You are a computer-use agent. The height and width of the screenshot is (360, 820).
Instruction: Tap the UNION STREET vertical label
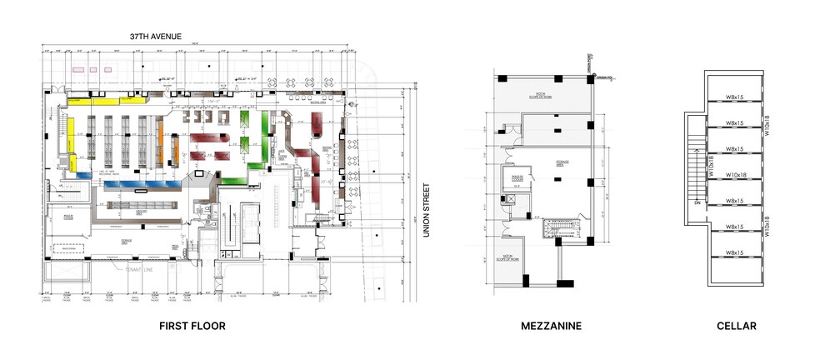(426, 211)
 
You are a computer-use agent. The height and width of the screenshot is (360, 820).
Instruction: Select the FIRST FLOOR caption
(192, 326)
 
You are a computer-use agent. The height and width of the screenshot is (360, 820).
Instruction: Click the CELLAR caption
(736, 326)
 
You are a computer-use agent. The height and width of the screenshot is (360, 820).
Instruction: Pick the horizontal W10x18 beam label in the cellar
(735, 175)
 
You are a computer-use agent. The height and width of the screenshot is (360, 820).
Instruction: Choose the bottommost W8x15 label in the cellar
(735, 252)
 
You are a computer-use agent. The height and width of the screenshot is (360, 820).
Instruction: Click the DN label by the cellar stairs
(697, 202)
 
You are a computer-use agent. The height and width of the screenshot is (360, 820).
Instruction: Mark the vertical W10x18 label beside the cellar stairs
(711, 166)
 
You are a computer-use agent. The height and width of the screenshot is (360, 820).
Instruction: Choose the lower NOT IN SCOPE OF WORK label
(506, 258)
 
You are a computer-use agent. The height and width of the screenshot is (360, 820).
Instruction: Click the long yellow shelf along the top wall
(108, 101)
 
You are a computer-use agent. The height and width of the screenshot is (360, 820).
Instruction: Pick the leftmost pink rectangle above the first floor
(77, 69)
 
